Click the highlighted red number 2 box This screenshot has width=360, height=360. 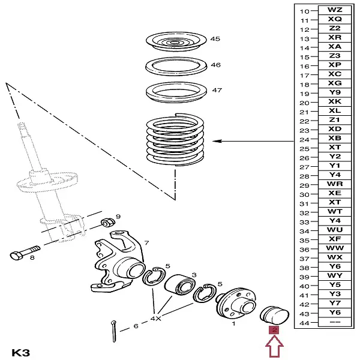pos(274,330)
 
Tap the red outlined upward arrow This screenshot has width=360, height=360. pos(274,347)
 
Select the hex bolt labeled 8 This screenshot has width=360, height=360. pos(25,252)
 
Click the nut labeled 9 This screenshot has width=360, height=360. pos(107,222)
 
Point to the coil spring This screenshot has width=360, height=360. pos(175,140)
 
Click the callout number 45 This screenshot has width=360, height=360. pos(215,39)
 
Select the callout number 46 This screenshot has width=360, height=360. pos(215,65)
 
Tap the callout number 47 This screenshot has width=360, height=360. pos(217,90)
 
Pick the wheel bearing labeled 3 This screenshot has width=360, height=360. pos(180,284)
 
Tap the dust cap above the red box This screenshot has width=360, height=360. pos(274,315)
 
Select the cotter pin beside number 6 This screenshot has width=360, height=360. pos(114,331)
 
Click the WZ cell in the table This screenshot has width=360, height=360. pos(335,10)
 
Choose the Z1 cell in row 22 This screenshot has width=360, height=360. pos(335,120)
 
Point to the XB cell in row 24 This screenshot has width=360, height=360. pos(335,138)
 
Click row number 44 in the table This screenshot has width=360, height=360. pos(305,323)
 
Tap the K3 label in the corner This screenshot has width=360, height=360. pos(20,353)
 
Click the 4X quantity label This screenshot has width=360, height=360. pos(155,319)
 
